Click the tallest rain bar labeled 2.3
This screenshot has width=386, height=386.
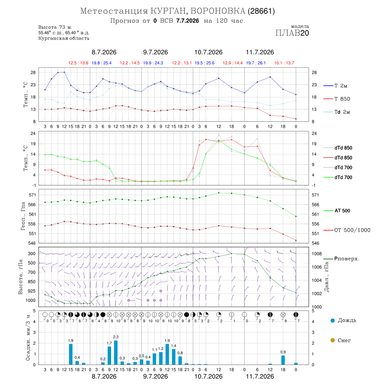tap(116, 353)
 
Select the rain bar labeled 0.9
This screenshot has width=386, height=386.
tap(283, 360)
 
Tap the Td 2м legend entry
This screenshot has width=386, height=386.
tap(337, 112)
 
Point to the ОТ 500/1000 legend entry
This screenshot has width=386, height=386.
tap(347, 230)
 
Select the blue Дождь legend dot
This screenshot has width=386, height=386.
tap(333, 320)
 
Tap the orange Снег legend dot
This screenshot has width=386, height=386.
tap(333, 340)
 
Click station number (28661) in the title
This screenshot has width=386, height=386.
tap(261, 11)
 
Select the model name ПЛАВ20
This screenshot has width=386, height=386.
tap(292, 33)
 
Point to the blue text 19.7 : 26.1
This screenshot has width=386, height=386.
tap(256, 63)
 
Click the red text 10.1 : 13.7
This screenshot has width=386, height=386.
tap(284, 63)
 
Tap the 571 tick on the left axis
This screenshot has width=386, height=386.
tap(33, 195)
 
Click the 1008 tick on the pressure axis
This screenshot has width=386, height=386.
tap(317, 254)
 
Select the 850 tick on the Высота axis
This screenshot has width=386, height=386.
tap(31, 282)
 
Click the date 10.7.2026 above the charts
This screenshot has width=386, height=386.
tap(208, 52)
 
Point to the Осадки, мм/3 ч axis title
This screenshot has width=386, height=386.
tap(28, 338)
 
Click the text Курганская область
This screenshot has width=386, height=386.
tap(64, 39)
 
